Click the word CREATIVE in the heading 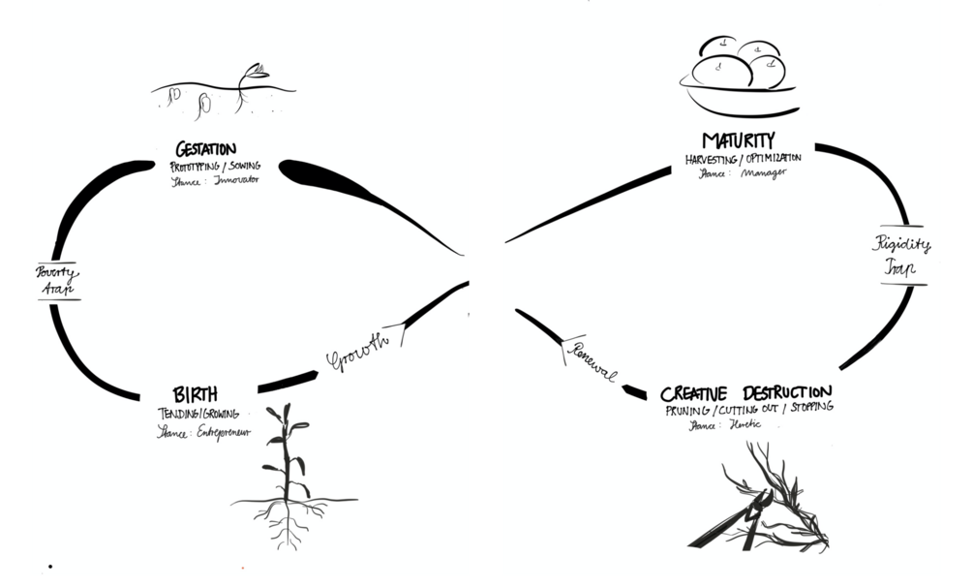pos(698,394)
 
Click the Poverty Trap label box pos(58,280)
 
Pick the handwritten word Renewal pos(589,359)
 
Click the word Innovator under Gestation pos(232,180)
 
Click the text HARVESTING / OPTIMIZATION pos(744,159)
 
